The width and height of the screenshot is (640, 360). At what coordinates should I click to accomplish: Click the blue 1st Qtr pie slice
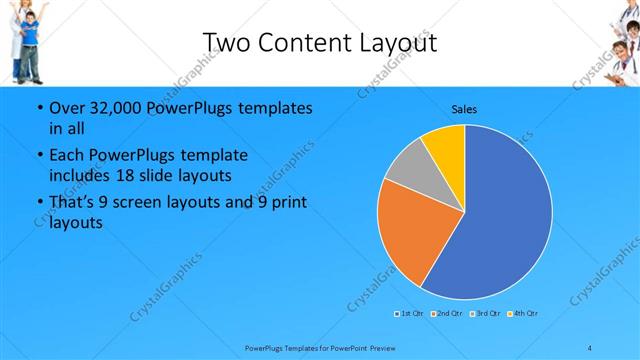(500, 220)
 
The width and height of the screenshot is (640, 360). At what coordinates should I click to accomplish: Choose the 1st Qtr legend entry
(409, 314)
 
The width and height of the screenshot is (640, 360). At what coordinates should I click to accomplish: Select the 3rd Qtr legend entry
(485, 314)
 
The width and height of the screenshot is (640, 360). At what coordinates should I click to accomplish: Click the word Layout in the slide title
(399, 41)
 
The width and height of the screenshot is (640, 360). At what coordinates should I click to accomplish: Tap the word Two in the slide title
(226, 41)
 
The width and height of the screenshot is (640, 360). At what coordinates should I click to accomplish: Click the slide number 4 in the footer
(590, 347)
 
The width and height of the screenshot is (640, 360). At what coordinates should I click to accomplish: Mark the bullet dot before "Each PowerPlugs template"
(39, 156)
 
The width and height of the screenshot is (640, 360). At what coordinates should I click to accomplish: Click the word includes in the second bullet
(82, 174)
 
